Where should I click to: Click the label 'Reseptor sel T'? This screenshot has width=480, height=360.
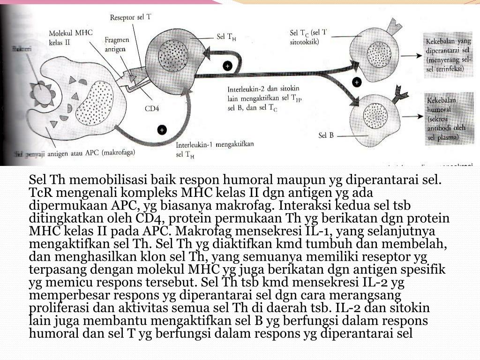pyautogui.click(x=130, y=18)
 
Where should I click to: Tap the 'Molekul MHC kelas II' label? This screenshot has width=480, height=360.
pyautogui.click(x=70, y=37)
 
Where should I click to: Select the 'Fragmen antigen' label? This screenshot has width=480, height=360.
pyautogui.click(x=117, y=45)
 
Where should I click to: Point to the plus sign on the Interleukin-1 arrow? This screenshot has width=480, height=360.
pyautogui.click(x=162, y=130)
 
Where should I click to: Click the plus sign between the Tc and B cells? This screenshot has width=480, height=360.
pyautogui.click(x=357, y=82)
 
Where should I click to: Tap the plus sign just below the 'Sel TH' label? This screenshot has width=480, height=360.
pyautogui.click(x=227, y=67)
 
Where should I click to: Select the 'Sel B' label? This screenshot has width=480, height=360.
pyautogui.click(x=326, y=135)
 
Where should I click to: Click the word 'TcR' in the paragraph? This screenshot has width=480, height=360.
pyautogui.click(x=39, y=193)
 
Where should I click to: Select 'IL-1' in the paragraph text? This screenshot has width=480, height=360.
pyautogui.click(x=307, y=231)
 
